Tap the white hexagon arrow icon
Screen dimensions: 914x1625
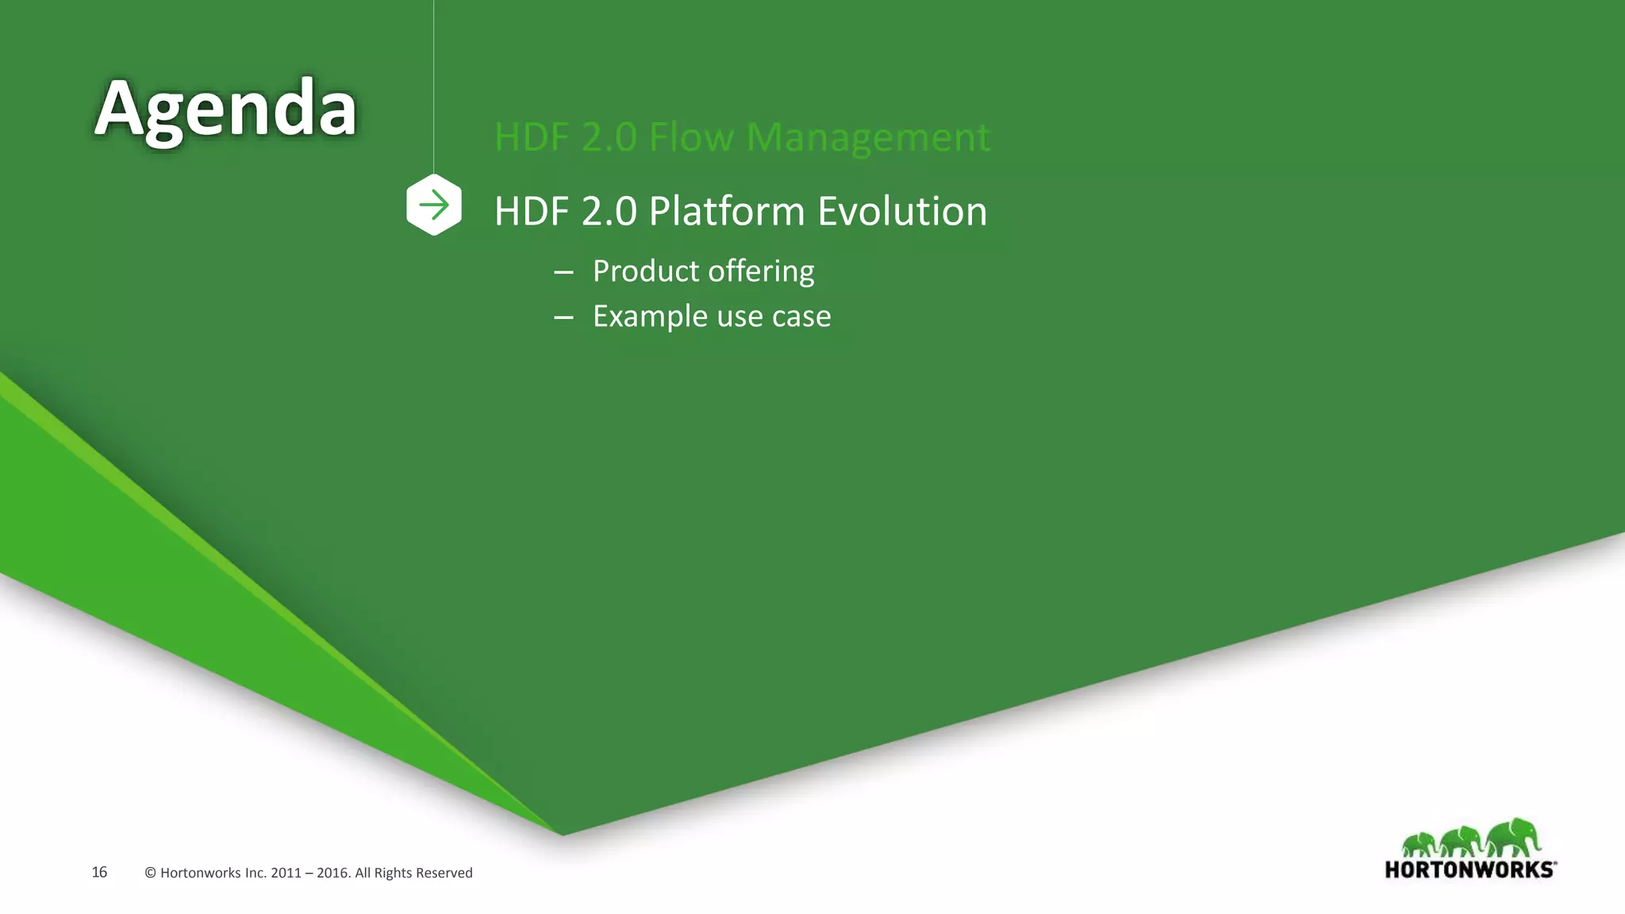[x=434, y=205]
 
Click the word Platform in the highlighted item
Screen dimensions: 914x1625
[x=726, y=212]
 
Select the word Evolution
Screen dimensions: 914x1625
[x=902, y=212]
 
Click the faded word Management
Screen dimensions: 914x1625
[x=868, y=137]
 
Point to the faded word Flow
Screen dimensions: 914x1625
[x=691, y=137]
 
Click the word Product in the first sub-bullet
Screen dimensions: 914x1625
[x=645, y=271]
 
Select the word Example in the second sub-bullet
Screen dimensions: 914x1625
[x=650, y=317]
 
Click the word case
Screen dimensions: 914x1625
[x=801, y=317]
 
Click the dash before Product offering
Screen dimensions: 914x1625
[x=563, y=272]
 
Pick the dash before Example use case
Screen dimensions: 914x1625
[x=563, y=317]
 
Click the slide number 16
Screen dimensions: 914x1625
[x=99, y=873]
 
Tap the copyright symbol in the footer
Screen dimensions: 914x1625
[x=150, y=874]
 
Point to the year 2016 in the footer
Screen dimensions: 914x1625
[x=332, y=874]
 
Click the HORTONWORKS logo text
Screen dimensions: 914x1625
[x=1469, y=870]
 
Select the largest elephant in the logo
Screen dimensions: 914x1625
[x=1513, y=837]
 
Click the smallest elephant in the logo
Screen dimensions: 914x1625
[x=1419, y=844]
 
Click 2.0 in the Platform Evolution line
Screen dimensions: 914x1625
[x=609, y=212]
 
